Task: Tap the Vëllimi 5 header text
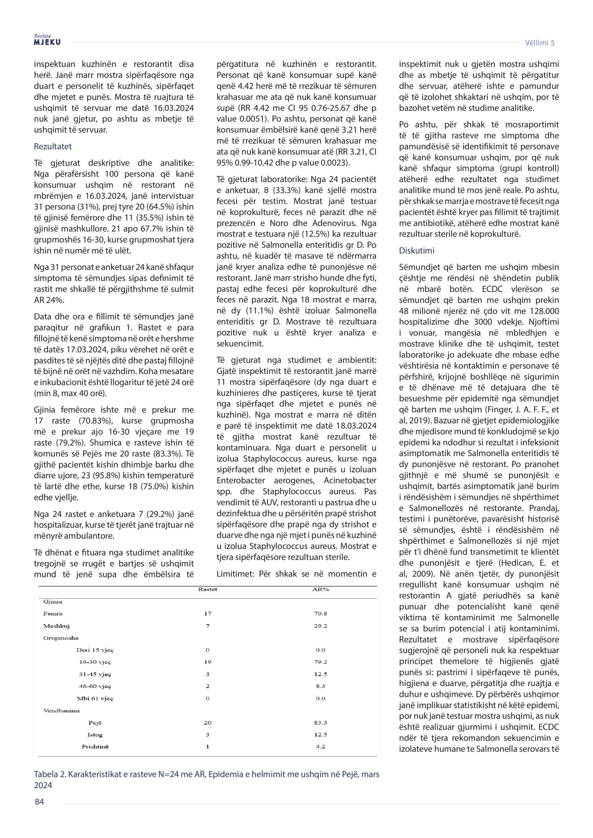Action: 540,43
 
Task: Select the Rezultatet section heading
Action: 53,146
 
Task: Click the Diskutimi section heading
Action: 416,250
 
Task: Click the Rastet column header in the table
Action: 207,590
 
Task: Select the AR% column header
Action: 320,590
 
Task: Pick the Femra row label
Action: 53,613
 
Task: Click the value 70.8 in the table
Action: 320,613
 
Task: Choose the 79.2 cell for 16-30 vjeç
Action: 320,662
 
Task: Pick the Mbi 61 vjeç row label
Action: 95,699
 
